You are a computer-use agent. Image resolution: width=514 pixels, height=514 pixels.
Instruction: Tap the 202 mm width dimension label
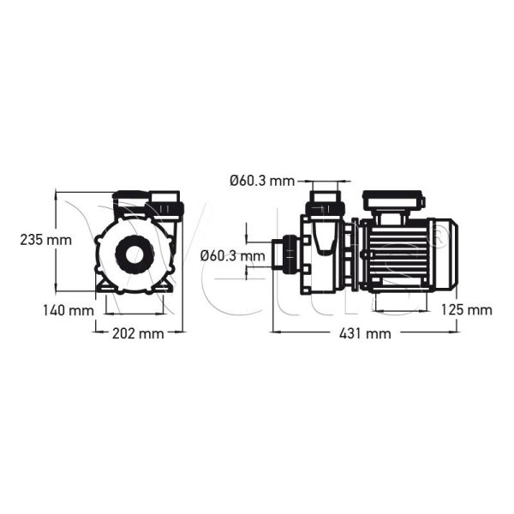(x=137, y=333)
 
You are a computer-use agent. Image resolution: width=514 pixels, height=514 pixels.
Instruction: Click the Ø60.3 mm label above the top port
(x=261, y=181)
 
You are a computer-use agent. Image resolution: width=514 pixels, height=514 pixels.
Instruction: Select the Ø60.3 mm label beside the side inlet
(x=232, y=255)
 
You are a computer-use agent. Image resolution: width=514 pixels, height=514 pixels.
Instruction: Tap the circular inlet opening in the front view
(x=136, y=254)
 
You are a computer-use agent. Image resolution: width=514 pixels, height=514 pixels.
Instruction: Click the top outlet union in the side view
(x=326, y=206)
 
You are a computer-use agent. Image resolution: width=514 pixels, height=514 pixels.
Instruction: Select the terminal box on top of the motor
(x=393, y=203)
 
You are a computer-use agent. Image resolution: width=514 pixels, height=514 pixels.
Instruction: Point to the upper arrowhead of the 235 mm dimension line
(x=56, y=194)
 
